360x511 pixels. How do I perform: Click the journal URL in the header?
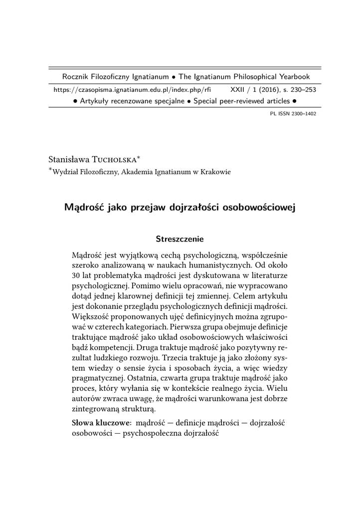click(132, 90)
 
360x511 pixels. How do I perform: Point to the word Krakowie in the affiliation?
click(215, 172)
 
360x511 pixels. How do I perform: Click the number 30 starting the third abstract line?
click(77, 276)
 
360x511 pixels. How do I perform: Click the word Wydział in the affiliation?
click(66, 172)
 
